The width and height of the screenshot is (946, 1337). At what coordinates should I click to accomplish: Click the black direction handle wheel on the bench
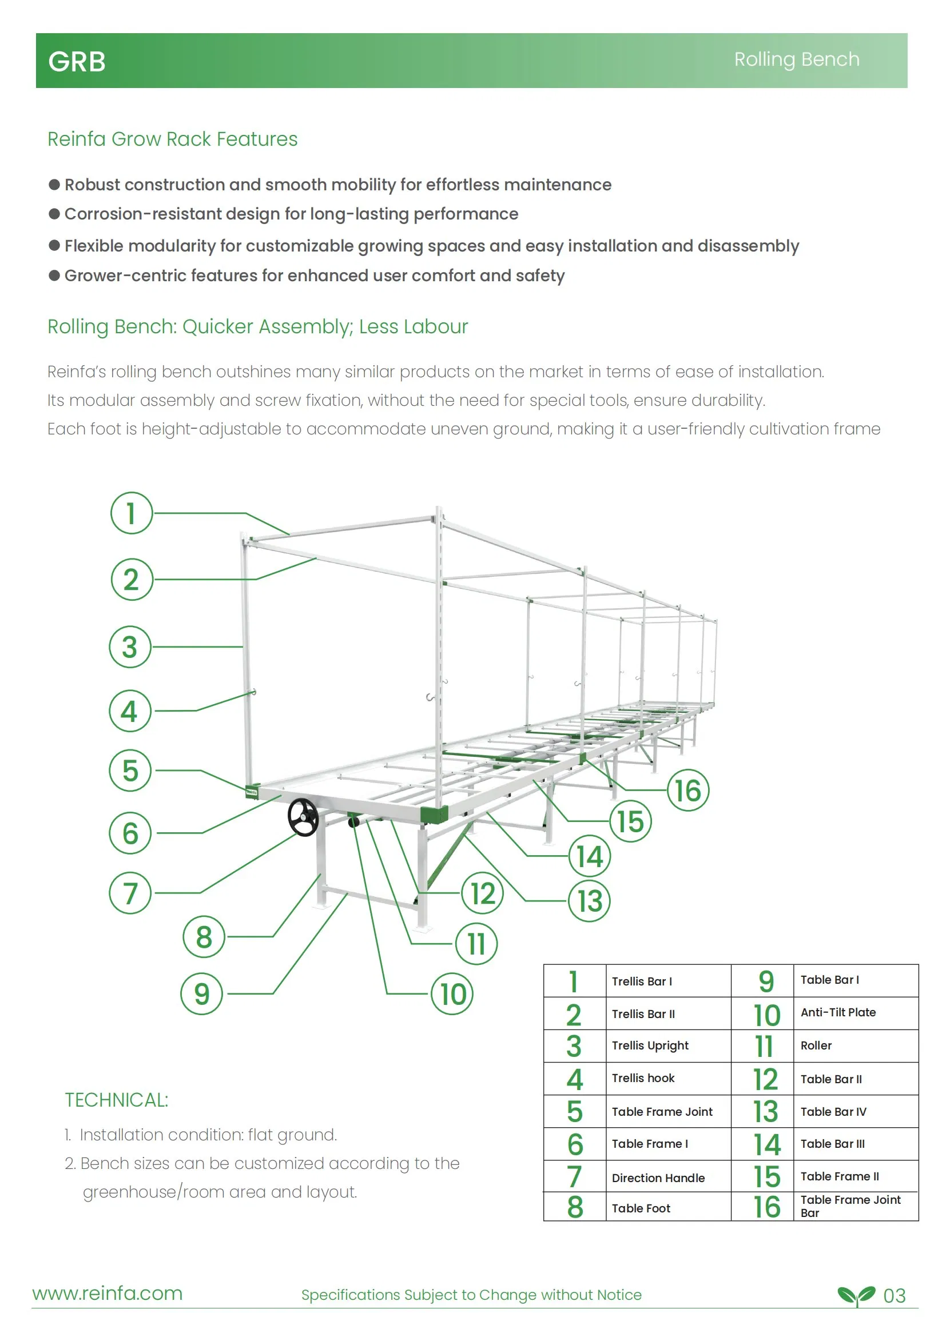point(303,817)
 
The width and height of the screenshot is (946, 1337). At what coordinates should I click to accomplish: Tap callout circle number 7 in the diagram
point(130,893)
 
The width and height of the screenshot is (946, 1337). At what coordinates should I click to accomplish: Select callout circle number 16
point(688,790)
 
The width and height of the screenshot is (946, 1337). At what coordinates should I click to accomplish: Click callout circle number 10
point(452,993)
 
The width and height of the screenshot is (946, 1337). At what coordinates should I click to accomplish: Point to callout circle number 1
point(132,513)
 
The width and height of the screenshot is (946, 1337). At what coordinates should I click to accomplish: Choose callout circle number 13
point(590,901)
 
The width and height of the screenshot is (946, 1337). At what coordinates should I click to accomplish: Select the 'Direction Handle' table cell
point(658,1178)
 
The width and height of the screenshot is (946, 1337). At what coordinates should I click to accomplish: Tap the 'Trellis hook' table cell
point(643,1078)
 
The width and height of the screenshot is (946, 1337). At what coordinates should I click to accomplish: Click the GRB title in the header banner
point(77,62)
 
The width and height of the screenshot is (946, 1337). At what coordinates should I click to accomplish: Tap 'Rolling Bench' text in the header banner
point(796,59)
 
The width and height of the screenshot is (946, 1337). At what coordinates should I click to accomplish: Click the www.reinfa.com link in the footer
point(108,1294)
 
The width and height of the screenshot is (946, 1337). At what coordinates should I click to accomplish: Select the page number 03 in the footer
point(894,1296)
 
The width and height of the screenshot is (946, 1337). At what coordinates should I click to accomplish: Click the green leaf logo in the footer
point(856,1295)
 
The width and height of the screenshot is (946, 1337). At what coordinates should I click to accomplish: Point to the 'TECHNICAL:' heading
point(117,1100)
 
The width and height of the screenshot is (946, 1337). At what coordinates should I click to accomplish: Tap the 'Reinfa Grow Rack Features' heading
point(172,139)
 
